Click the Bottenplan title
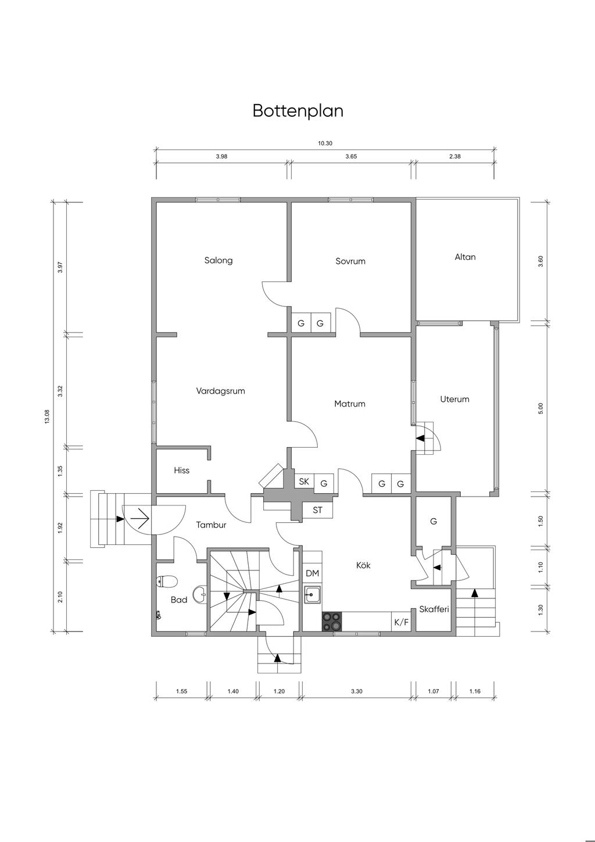click(298, 111)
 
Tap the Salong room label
click(218, 260)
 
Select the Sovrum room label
click(350, 261)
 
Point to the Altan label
click(465, 257)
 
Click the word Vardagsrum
click(220, 391)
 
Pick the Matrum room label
click(350, 404)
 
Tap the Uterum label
click(454, 399)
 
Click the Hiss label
click(181, 470)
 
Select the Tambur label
click(211, 525)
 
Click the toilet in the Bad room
click(167, 582)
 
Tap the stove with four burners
click(332, 622)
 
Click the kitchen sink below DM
click(313, 594)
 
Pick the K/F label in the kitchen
click(401, 622)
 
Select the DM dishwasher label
click(312, 573)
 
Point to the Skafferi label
click(434, 609)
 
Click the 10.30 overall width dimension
click(325, 143)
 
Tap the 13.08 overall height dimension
click(47, 416)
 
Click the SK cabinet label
click(304, 481)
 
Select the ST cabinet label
click(317, 510)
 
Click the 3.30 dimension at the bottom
click(356, 691)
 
